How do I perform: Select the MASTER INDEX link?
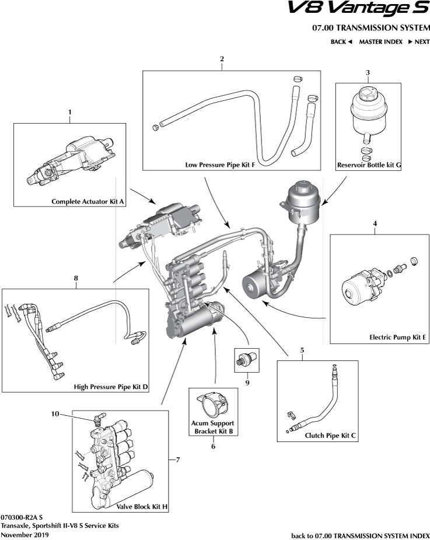(x=380, y=42)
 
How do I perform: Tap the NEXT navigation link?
(x=419, y=42)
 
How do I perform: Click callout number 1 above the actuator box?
(x=70, y=111)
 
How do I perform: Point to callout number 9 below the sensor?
(x=247, y=383)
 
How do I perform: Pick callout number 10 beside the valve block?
(x=55, y=414)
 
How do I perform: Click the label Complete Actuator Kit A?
(x=89, y=202)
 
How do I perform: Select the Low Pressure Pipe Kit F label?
(x=219, y=165)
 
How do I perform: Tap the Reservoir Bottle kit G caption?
(x=369, y=165)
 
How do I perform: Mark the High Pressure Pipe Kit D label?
(x=111, y=387)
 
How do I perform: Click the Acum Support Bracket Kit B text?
(x=212, y=427)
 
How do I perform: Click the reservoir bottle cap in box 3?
(x=368, y=93)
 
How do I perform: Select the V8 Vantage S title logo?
(x=359, y=9)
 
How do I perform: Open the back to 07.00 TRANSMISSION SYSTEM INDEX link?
(x=360, y=535)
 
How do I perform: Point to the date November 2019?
(x=25, y=534)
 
